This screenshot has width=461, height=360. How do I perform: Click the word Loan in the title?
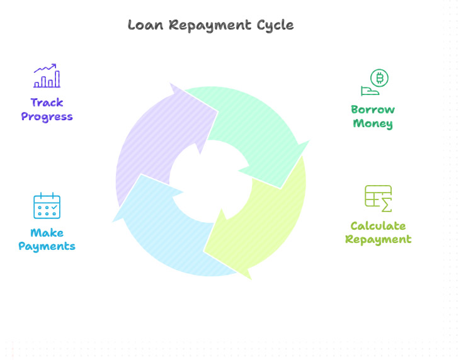[x=145, y=25]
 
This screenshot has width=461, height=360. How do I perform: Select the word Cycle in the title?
[x=275, y=26]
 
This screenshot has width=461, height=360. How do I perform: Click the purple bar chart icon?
[x=47, y=76]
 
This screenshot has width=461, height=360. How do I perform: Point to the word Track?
[x=47, y=103]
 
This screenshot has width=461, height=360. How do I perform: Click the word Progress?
[x=47, y=116]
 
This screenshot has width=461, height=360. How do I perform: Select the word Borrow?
[x=373, y=110]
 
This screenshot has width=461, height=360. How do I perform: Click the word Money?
[x=373, y=123]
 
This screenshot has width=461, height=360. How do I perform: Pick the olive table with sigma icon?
[x=378, y=198]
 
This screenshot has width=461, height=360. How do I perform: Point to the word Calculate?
[x=378, y=226]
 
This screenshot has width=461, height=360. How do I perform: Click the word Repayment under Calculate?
[x=378, y=239]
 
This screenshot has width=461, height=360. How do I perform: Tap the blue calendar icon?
[x=47, y=206]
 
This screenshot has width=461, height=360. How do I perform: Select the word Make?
[x=47, y=233]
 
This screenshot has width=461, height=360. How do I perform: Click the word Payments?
[x=47, y=246]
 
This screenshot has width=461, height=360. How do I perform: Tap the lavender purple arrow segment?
[x=157, y=145]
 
